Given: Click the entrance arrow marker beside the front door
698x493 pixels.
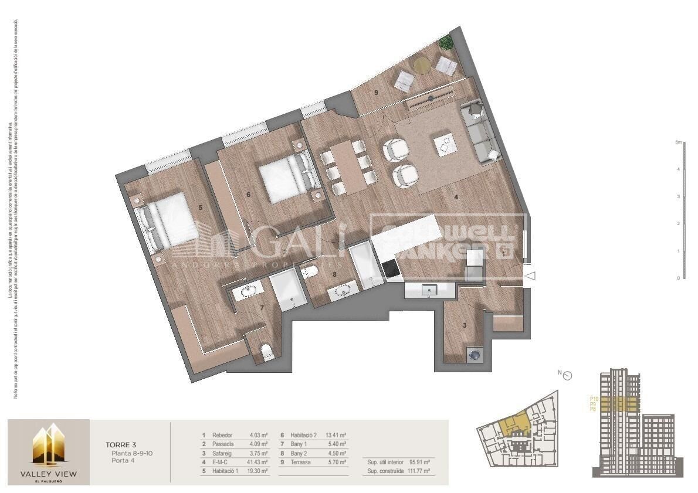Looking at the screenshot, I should coord(530,276).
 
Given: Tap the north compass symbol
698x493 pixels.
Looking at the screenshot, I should coord(567,376).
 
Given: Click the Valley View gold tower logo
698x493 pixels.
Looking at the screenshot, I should coord(48,446).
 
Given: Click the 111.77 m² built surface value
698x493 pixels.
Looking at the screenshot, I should coord(419,471).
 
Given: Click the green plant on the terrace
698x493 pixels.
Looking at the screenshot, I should coord(446,42).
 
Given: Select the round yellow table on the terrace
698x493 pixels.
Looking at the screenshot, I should coord(422,65).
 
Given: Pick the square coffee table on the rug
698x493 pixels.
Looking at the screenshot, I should coord(445,144).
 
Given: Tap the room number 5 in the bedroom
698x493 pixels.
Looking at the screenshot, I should coord(201,207).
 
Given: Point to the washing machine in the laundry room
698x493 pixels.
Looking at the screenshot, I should coord(474,354).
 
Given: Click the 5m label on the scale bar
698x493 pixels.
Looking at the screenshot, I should coord(677,142).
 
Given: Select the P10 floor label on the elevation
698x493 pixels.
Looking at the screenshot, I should coord(593,399).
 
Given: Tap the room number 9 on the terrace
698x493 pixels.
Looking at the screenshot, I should coord(373,92).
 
